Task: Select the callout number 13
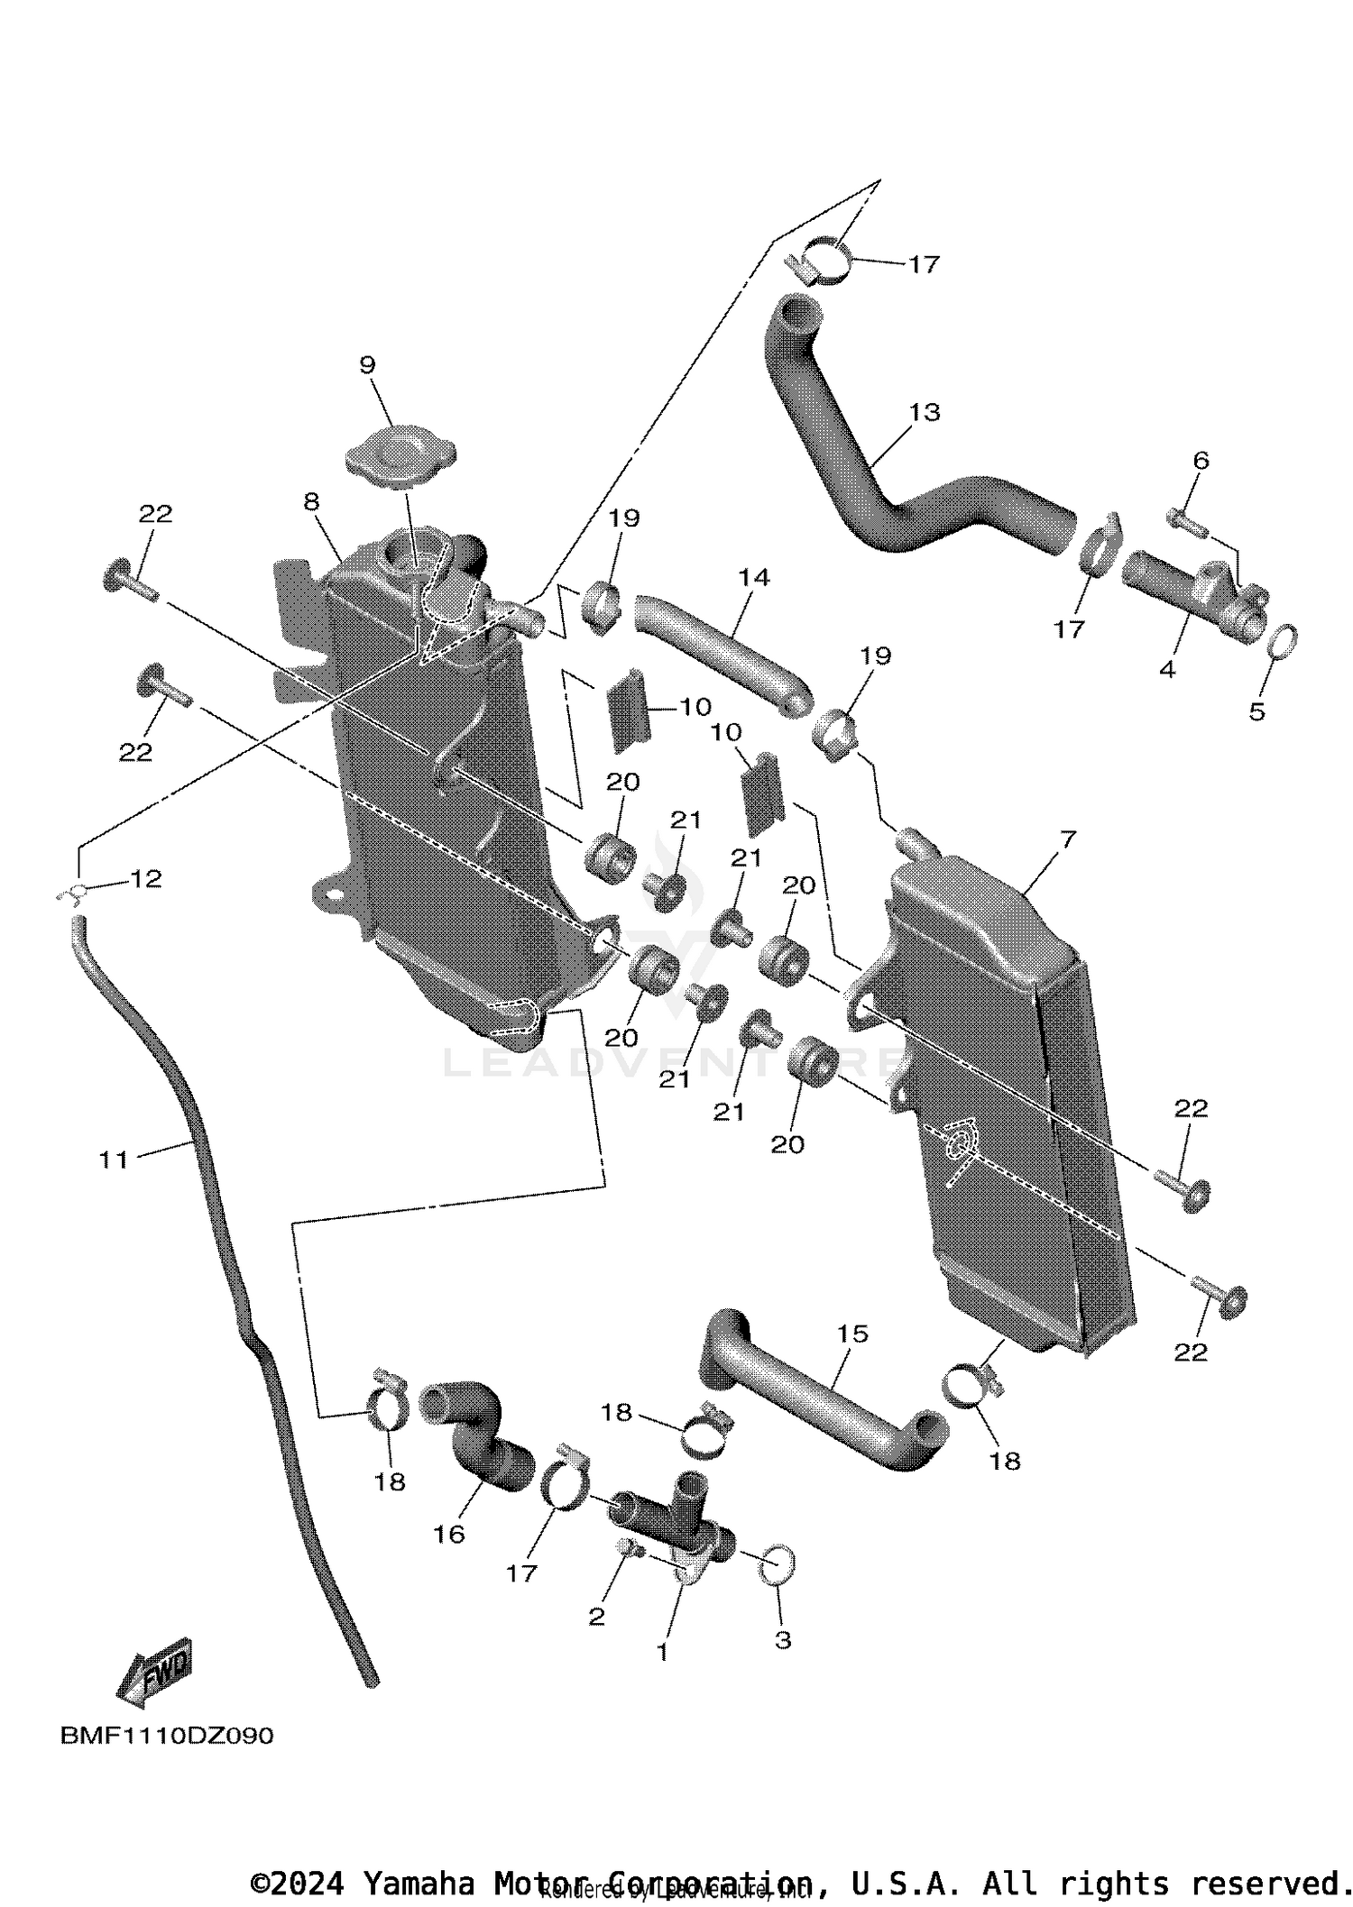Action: tap(925, 412)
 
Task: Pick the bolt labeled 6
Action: tap(1183, 518)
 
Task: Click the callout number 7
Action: tap(1068, 839)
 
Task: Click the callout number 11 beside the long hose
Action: tap(114, 1159)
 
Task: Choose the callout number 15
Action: tap(852, 1333)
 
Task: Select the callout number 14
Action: tap(754, 576)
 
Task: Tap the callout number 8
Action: tap(311, 501)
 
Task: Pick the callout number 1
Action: tap(663, 1652)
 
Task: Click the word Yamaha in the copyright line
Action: tap(419, 1884)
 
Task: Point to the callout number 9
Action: tap(367, 364)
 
